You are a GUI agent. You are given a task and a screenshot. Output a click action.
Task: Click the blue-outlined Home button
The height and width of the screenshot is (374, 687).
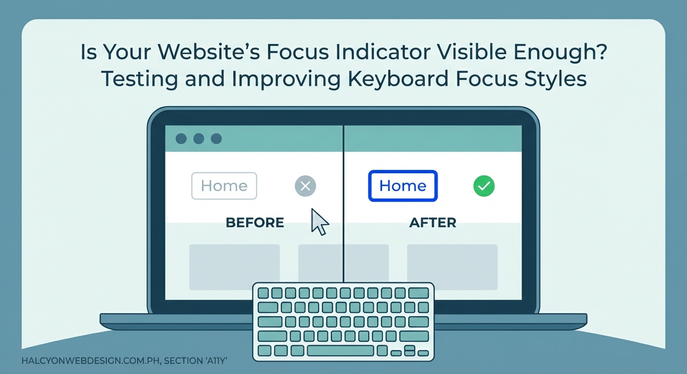pos(403,186)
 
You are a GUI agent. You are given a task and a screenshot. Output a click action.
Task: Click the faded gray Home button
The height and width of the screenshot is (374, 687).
pos(224,186)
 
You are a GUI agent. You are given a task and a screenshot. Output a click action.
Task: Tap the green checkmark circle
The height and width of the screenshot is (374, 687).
pos(484,186)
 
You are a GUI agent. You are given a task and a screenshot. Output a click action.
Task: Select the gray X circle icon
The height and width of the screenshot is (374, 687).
pos(305,186)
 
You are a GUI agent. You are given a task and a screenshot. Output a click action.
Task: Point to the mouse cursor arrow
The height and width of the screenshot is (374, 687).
pos(319,222)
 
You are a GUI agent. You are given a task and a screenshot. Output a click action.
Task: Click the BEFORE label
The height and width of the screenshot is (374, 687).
pos(255,223)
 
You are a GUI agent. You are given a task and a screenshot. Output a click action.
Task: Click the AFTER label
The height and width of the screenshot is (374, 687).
pos(433,223)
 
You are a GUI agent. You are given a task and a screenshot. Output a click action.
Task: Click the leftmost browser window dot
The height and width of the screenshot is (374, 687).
pos(181,139)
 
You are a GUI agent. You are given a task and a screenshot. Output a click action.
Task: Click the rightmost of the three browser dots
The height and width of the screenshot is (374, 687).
pos(216,139)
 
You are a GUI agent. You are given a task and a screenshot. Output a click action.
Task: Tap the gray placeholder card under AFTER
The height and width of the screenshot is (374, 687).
pos(452,267)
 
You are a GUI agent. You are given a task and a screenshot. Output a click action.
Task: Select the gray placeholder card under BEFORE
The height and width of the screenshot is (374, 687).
pos(234,267)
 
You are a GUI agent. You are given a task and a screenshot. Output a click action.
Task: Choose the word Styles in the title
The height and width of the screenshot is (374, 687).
pos(556,79)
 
